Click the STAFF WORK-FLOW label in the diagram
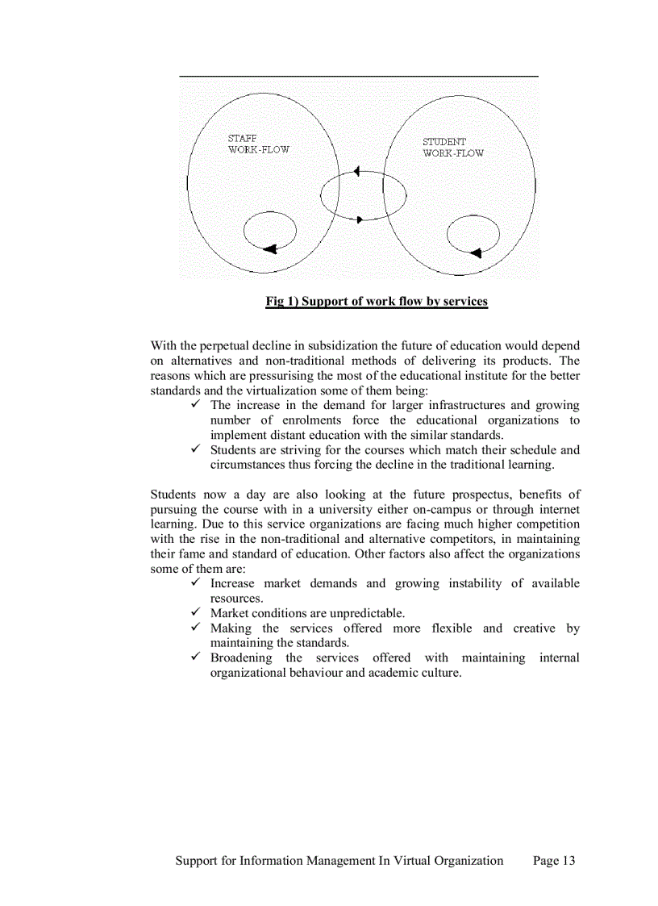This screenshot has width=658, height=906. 258,144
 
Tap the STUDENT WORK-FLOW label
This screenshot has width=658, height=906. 453,147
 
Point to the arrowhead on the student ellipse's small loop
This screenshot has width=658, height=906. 475,253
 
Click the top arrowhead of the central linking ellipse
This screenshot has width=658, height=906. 355,173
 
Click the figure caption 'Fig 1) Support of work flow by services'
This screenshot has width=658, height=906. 377,302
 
